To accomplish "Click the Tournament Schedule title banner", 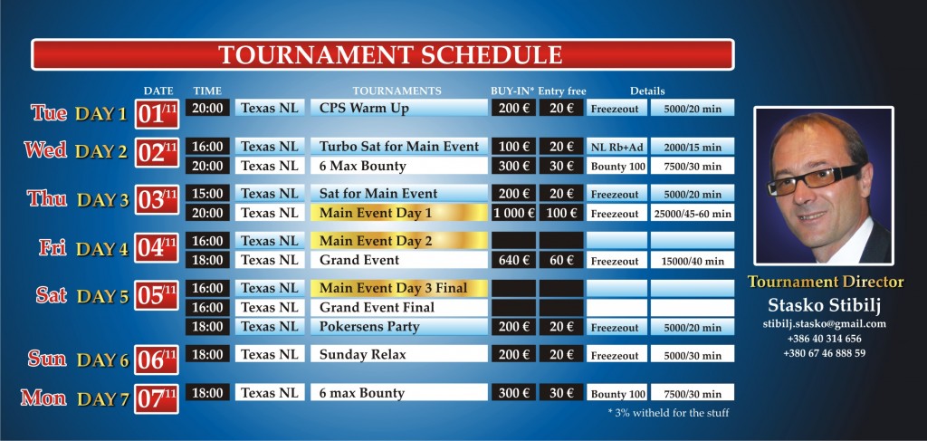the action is [x=383, y=54].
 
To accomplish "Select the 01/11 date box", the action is [x=157, y=113].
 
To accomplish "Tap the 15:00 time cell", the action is [x=207, y=193].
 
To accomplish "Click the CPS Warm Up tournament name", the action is [x=364, y=108].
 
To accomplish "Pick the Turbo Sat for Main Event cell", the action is [x=399, y=146].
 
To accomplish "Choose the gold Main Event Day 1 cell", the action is [x=399, y=213].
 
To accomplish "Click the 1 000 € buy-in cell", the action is [x=514, y=213].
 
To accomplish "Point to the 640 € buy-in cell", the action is [x=514, y=260].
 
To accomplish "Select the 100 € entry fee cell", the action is [x=561, y=213].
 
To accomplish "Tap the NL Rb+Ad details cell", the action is [x=616, y=146].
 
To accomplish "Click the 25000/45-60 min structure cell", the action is [x=693, y=213].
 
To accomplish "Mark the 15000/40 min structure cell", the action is [x=693, y=260].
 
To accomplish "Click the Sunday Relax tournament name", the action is [x=363, y=355].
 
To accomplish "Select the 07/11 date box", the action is [x=157, y=399].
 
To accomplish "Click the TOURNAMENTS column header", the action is [x=397, y=91].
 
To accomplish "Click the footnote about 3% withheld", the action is [x=668, y=413].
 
